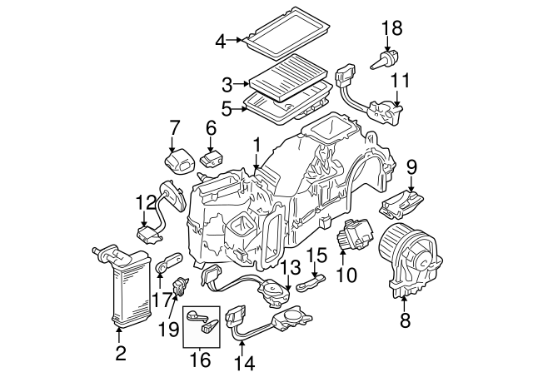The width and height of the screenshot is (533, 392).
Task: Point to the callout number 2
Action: point(120,355)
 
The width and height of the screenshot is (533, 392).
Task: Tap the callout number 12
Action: point(146,202)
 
